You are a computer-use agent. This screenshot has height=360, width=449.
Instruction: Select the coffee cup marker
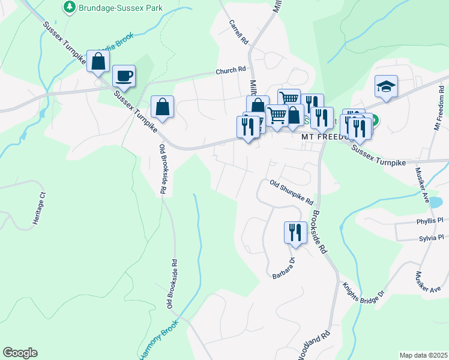click(124, 76)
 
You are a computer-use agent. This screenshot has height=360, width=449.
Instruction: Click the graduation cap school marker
click(387, 87)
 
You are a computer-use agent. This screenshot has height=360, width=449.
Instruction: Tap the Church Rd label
click(231, 71)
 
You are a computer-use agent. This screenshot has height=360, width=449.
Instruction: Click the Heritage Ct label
click(40, 208)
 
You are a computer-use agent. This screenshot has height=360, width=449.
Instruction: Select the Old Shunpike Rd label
click(292, 193)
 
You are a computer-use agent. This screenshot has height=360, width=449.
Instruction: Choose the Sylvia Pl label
click(431, 238)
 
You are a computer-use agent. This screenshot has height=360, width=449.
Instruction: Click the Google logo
click(20, 353)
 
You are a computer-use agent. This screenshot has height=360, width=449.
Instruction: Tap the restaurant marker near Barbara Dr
click(295, 232)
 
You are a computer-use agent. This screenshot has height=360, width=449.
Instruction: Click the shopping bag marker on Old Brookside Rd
click(162, 107)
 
